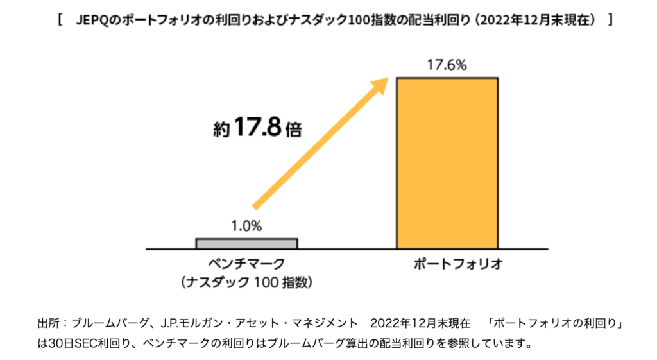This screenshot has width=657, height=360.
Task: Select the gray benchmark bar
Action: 246,243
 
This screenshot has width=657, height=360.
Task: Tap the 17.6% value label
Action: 447,65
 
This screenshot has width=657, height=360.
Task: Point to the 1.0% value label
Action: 246,227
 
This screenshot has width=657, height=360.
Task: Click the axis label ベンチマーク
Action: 246,263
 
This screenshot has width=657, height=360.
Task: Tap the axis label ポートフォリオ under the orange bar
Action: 447,263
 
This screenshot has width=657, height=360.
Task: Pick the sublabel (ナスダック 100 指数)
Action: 246,281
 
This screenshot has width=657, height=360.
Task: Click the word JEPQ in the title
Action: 92,21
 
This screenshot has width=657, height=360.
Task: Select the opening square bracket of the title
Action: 59,21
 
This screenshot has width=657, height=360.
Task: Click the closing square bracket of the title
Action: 608,21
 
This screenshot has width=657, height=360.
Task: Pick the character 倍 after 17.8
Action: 294,128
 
